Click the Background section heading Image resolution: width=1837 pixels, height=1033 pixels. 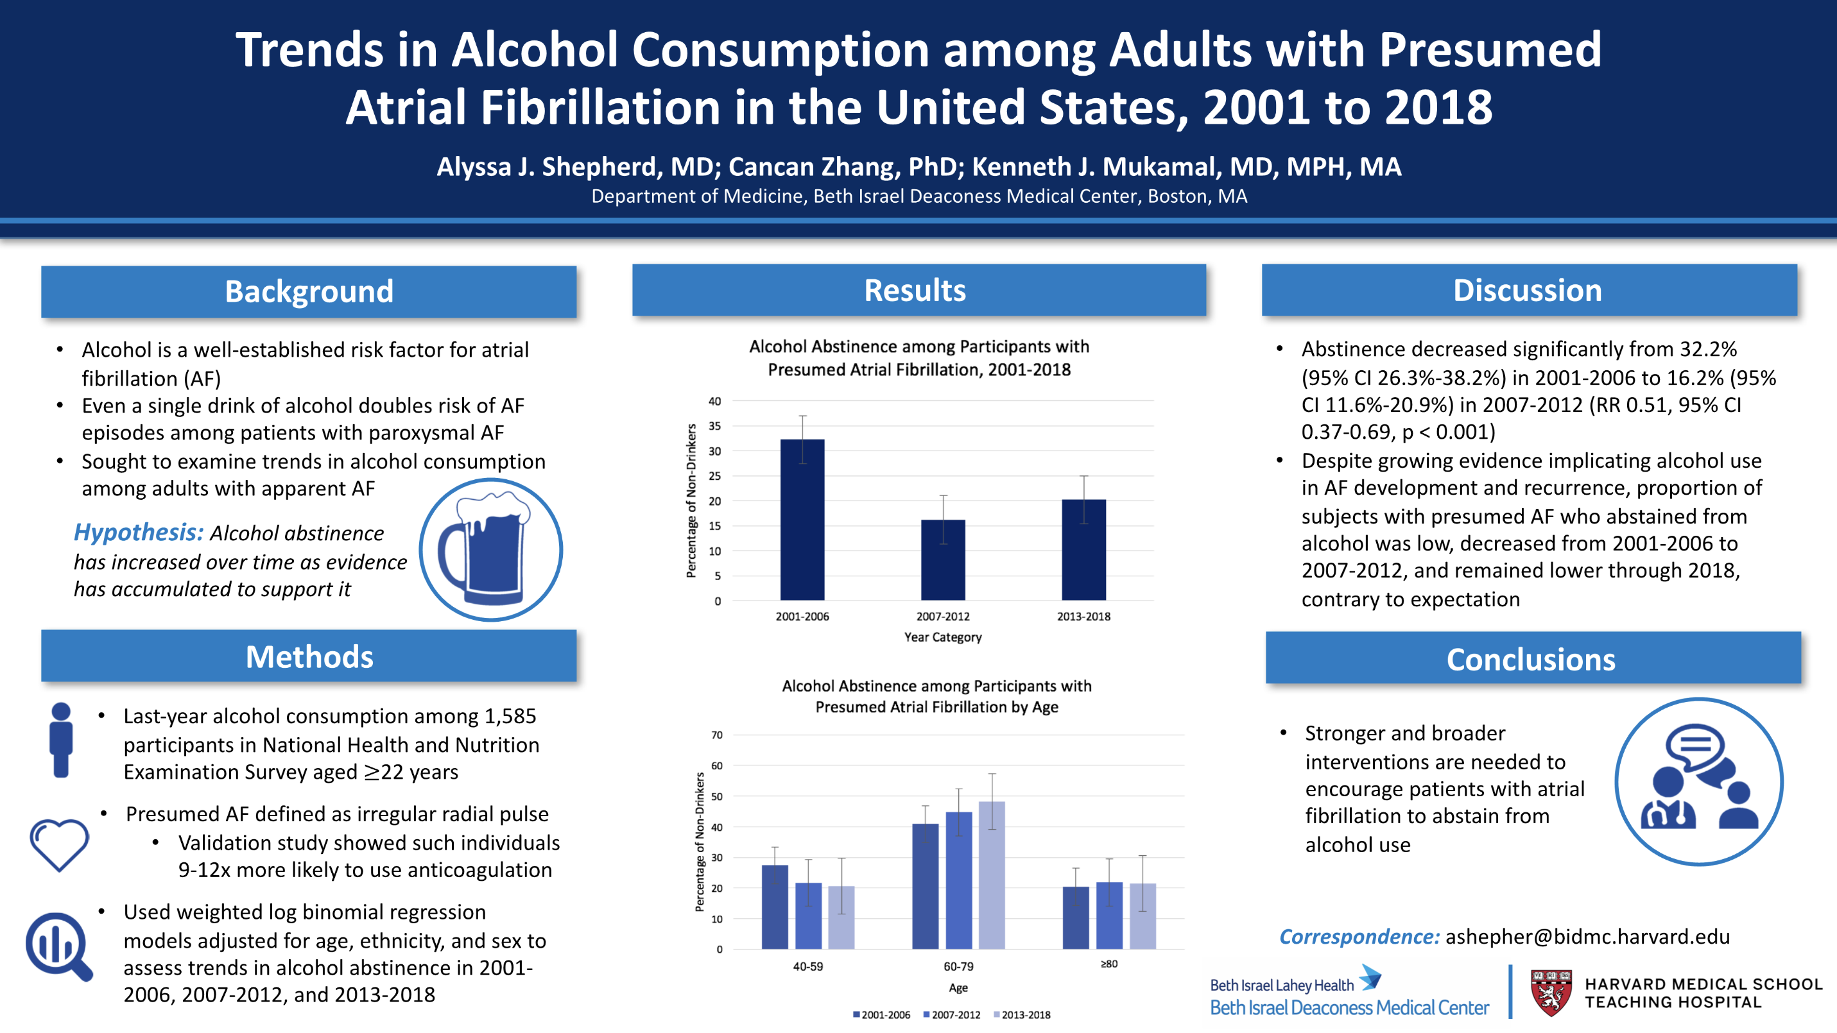(x=309, y=291)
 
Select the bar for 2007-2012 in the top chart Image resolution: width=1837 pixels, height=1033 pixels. (x=942, y=559)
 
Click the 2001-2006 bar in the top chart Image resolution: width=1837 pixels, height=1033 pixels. (x=802, y=520)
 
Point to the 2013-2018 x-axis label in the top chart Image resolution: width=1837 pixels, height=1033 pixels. (x=1083, y=617)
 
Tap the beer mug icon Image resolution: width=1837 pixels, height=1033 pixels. (x=490, y=550)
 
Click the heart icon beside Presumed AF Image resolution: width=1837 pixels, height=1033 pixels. (x=59, y=844)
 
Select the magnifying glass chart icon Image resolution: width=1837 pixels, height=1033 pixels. (x=58, y=946)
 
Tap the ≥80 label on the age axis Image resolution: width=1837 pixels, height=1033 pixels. (x=1109, y=964)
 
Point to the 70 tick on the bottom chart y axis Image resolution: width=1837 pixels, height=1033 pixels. (x=717, y=735)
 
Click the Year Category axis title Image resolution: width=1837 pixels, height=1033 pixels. (x=942, y=637)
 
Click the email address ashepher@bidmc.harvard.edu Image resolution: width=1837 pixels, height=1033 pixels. (x=1587, y=936)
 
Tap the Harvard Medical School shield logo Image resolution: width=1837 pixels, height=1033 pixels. (x=1550, y=992)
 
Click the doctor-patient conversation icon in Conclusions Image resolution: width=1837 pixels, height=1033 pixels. (x=1698, y=781)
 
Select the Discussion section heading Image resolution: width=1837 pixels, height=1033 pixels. (x=1528, y=290)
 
